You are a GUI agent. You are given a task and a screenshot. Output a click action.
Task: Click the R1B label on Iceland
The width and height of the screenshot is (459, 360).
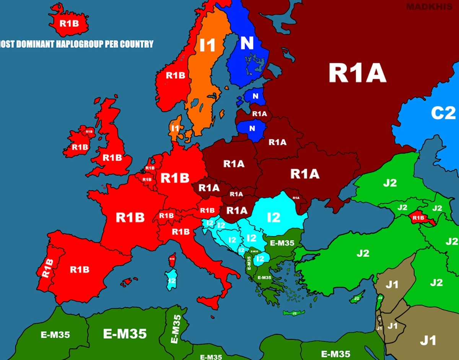[x=69, y=23]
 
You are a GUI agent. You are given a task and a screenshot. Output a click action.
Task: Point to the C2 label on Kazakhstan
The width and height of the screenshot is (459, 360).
[x=444, y=113]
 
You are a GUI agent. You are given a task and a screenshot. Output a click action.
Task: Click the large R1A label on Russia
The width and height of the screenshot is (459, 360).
[x=357, y=73]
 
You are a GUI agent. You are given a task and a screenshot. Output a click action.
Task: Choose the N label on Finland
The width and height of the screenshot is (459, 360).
[x=247, y=43]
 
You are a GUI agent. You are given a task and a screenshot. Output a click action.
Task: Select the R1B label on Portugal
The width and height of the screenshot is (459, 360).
[x=47, y=268]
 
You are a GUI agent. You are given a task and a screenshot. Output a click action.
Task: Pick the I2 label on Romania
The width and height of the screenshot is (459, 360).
[x=273, y=217]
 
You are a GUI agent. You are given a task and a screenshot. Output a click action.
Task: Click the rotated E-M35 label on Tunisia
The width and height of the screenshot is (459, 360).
[x=176, y=329]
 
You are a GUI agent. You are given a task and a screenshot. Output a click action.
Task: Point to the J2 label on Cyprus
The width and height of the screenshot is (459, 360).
[x=357, y=298]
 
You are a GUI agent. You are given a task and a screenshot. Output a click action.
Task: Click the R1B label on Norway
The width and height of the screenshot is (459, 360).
[x=175, y=75]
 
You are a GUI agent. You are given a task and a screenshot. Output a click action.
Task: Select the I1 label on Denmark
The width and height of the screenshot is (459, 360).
[x=175, y=128]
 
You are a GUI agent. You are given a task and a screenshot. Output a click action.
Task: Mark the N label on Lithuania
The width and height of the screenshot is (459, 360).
[x=252, y=129]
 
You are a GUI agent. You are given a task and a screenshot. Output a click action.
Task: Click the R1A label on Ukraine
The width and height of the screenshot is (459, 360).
[x=304, y=174]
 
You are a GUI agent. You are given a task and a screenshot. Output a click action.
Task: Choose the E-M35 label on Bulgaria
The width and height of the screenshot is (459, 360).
[x=282, y=242]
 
